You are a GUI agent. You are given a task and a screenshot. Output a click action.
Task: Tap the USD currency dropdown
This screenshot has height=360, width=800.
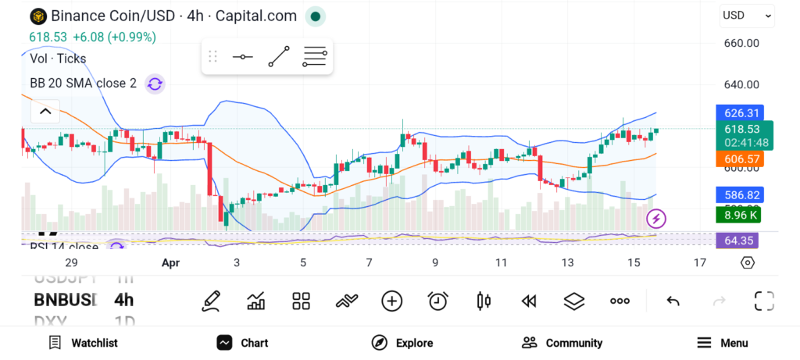(x=747, y=15)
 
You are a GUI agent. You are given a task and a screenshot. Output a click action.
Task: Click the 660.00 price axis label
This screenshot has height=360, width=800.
(x=742, y=43)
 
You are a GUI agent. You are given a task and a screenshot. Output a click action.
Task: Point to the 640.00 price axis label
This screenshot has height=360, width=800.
(x=742, y=84)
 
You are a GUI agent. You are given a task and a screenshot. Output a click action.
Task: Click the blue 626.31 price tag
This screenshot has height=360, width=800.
(x=740, y=113)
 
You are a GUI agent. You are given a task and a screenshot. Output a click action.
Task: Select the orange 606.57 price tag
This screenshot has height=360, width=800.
(x=740, y=159)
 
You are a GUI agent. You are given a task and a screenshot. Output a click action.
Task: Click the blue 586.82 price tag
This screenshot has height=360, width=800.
(x=740, y=195)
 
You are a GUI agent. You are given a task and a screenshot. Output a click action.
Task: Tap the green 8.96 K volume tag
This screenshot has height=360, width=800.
(x=740, y=215)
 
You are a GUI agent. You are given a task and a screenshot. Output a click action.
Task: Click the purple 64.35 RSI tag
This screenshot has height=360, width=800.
(x=740, y=241)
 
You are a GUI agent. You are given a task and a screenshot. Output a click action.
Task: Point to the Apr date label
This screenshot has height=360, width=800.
(x=170, y=263)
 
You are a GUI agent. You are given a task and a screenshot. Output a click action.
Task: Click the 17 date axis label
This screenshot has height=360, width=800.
(x=700, y=263)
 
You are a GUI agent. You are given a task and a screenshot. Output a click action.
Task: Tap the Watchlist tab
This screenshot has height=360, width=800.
(x=83, y=343)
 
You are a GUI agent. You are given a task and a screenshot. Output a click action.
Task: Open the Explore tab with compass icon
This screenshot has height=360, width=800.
(x=402, y=343)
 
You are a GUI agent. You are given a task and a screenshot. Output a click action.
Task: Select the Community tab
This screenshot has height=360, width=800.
(x=562, y=343)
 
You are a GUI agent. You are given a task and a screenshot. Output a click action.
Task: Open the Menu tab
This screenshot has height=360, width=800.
(x=722, y=343)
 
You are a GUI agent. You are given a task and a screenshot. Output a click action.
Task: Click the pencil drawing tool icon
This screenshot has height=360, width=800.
(x=211, y=301)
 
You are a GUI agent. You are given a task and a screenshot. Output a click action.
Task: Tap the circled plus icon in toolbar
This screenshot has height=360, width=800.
(x=391, y=301)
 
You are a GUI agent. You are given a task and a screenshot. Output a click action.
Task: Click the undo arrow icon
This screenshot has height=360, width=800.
(x=673, y=301)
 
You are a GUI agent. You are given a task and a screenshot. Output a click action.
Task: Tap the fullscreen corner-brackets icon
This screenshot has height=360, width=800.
(x=763, y=301)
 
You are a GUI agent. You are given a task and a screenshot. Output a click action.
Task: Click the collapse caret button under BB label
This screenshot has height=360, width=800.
(x=45, y=112)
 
